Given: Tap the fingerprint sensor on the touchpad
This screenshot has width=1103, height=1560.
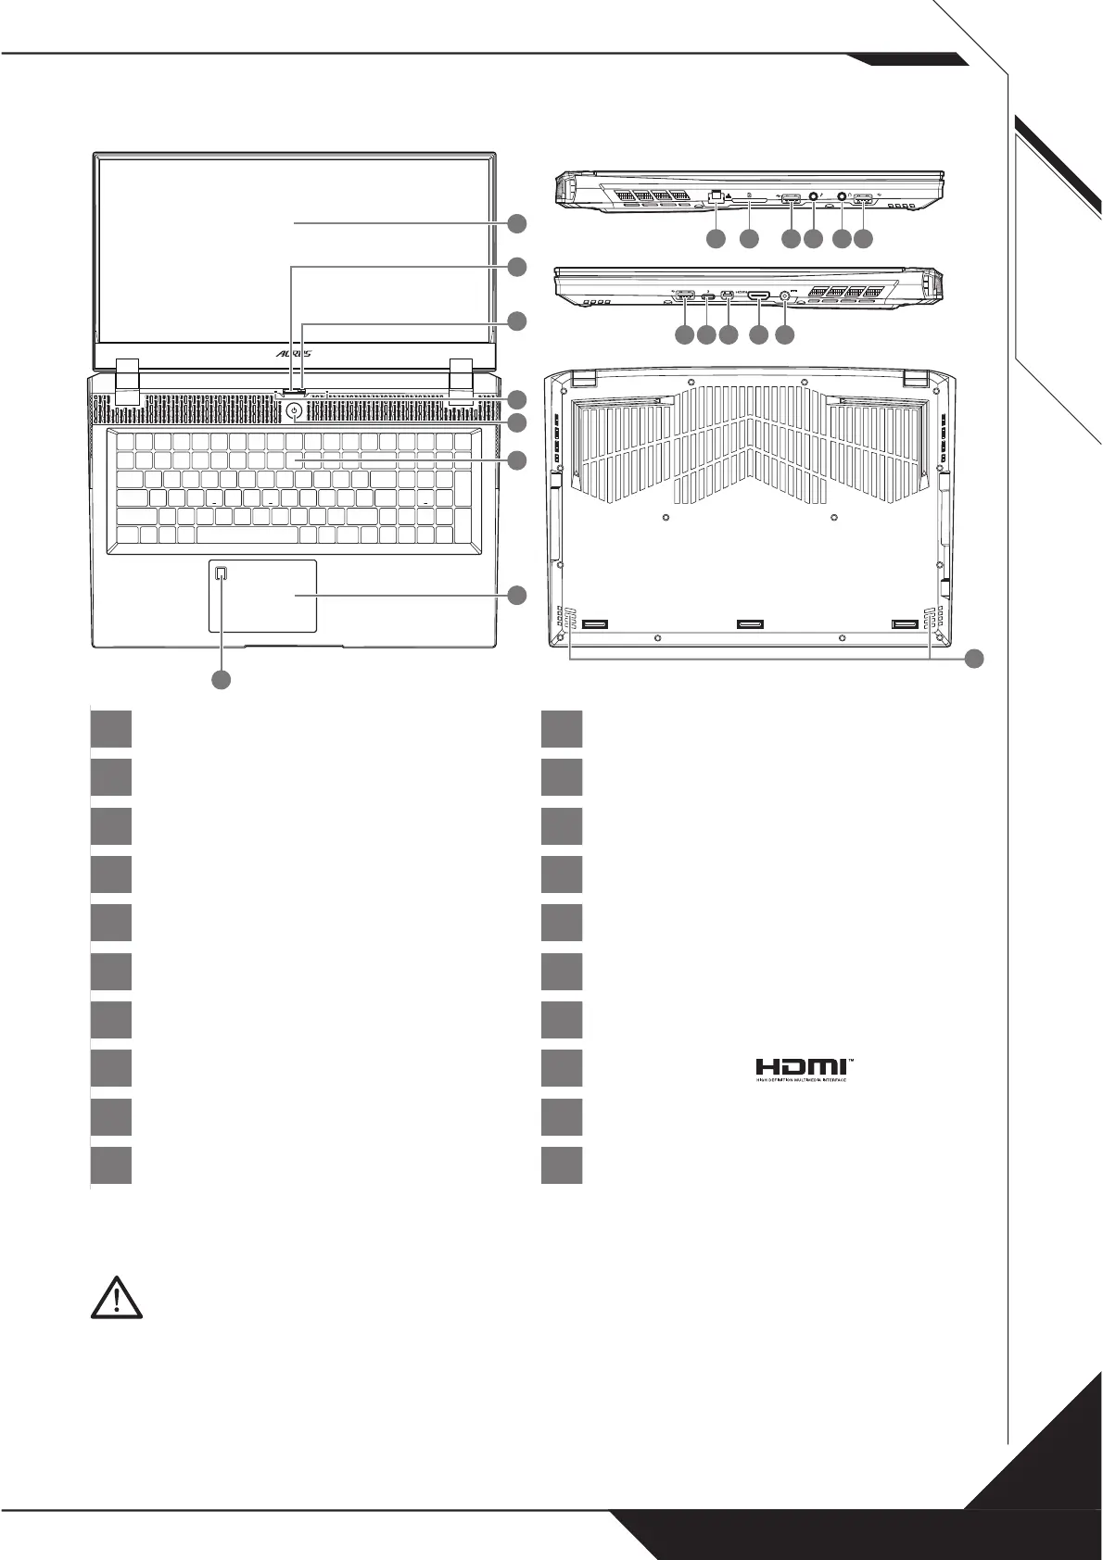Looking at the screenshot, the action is click(x=221, y=574).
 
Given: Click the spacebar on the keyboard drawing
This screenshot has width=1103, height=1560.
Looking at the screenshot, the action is click(x=247, y=535).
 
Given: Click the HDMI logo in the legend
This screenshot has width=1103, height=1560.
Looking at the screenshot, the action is click(x=802, y=1069).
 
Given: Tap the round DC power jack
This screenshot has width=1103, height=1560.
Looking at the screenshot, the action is click(x=786, y=296).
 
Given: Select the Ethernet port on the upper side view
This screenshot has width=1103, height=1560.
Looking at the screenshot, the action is click(x=715, y=196).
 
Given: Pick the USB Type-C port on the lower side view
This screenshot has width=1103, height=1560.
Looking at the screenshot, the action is click(x=707, y=297).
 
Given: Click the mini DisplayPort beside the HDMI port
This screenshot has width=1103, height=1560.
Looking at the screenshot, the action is click(x=729, y=296).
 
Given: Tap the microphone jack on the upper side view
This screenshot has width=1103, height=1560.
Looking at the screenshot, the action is click(x=814, y=196).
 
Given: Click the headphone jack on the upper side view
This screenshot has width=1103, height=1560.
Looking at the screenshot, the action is click(x=842, y=196).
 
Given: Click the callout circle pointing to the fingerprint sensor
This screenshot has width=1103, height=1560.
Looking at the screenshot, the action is click(x=221, y=680).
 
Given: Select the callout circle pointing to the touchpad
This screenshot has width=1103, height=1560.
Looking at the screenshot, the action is click(x=516, y=595).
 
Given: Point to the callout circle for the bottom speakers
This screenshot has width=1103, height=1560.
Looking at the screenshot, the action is click(x=973, y=659).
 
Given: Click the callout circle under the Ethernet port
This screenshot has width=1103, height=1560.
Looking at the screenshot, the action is click(x=715, y=239).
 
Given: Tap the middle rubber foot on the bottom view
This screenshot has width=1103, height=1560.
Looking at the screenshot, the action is click(x=749, y=624).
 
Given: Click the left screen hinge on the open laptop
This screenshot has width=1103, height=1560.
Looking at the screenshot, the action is click(x=127, y=380).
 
